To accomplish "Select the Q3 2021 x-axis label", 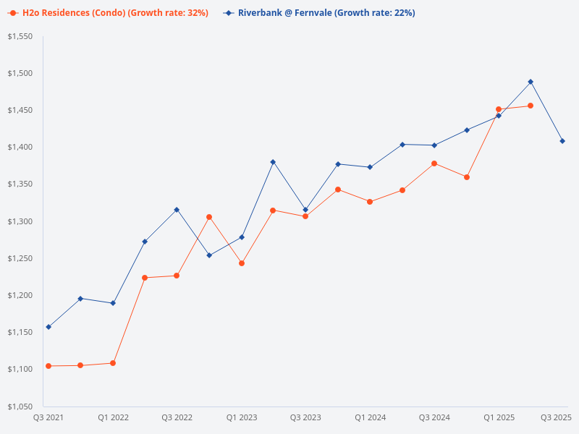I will [48, 418].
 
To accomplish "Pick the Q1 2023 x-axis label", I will [242, 418].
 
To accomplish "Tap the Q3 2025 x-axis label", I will [557, 418].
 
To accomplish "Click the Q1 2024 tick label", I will [370, 418].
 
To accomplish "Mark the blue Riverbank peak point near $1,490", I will [531, 82].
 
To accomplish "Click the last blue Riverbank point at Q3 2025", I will [562, 141].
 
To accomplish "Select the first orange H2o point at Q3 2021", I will [48, 366].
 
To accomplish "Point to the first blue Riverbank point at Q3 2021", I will [48, 327].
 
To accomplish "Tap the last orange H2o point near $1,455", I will [531, 106].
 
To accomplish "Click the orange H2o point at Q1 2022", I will [113, 363].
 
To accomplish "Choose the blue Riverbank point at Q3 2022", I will [177, 210].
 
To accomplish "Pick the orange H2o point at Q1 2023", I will [242, 263].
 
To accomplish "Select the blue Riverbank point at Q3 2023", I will [305, 210].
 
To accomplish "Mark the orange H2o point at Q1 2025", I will [499, 109].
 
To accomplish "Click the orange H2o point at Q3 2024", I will [434, 163].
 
